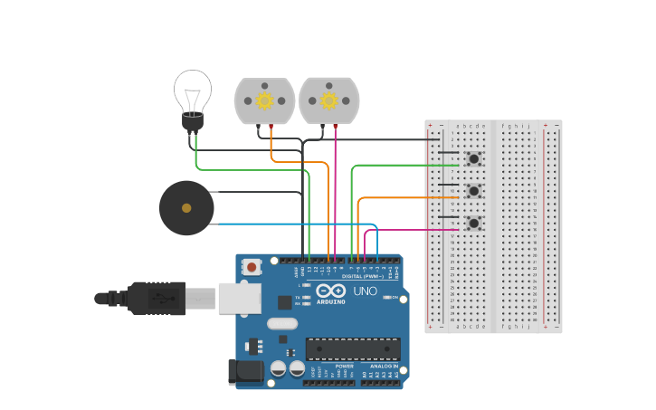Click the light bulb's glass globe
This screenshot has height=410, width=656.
tap(193, 91)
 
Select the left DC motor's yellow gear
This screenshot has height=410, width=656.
tap(264, 100)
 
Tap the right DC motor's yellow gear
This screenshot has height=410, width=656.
tap(329, 100)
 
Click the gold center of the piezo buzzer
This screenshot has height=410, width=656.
tap(186, 208)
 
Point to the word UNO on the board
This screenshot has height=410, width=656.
tap(365, 291)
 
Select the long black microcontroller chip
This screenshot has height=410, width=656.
tap(353, 349)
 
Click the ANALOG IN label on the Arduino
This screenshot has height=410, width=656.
tap(383, 366)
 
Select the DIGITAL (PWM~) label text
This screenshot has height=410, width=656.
tap(363, 276)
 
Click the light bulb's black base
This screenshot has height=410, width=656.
tap(193, 121)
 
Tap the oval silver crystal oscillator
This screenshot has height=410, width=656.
tap(282, 323)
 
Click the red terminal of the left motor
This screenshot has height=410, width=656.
tap(271, 127)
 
